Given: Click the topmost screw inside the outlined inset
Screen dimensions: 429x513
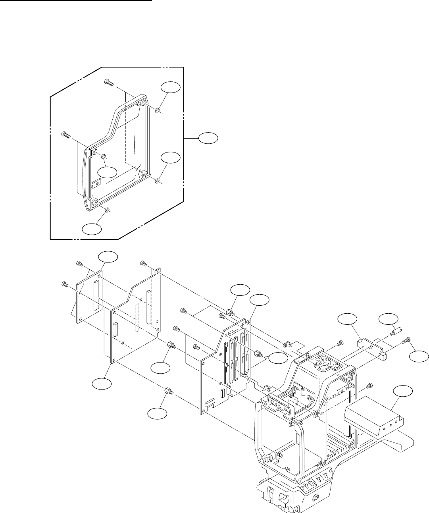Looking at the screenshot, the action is pyautogui.click(x=109, y=82).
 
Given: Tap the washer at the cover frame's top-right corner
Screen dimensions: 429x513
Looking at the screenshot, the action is pyautogui.click(x=158, y=110).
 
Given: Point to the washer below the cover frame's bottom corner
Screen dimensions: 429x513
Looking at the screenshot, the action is pyautogui.click(x=108, y=210).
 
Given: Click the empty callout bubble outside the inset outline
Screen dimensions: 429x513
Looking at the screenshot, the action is pyautogui.click(x=208, y=138).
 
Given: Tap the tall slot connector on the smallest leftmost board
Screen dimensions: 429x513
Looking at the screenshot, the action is pyautogui.click(x=96, y=295).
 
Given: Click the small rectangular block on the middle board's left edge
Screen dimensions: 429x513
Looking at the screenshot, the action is pyautogui.click(x=115, y=330).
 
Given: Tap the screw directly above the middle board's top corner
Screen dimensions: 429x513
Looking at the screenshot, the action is pyautogui.click(x=144, y=263).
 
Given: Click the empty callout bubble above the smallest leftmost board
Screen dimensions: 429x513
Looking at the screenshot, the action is pyautogui.click(x=108, y=257).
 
